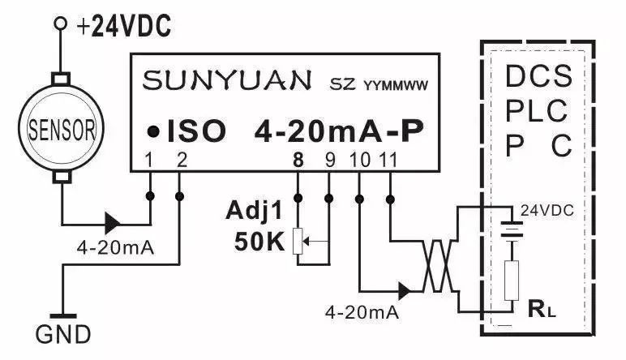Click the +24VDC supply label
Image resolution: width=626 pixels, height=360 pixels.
[x=124, y=28]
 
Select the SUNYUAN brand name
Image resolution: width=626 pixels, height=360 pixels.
[x=226, y=80]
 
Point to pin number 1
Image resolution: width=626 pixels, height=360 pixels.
[x=148, y=160]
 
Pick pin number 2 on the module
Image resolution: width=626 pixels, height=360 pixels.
[x=180, y=160]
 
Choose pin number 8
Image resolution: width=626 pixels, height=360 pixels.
[x=298, y=160]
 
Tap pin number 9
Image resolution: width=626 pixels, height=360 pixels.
[x=329, y=160]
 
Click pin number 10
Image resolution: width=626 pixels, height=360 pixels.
[x=359, y=160]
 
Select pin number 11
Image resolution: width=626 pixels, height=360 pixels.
[x=390, y=160]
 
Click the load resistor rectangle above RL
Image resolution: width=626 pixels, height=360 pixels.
[x=512, y=279]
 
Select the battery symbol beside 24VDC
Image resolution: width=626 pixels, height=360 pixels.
[x=512, y=230]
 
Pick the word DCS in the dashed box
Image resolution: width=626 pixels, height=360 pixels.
[x=539, y=77]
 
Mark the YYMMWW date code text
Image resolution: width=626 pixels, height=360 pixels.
[x=396, y=84]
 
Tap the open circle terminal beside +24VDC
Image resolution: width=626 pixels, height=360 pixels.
[x=59, y=25]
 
